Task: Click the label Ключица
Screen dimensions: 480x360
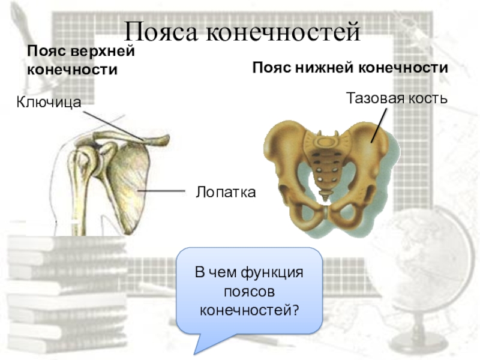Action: tap(49, 103)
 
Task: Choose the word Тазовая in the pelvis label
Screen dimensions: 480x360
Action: tap(371, 97)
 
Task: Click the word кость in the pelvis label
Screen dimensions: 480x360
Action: tap(425, 97)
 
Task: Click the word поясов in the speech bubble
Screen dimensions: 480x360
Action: tap(249, 291)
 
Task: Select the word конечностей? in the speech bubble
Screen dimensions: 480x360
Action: tap(249, 310)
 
